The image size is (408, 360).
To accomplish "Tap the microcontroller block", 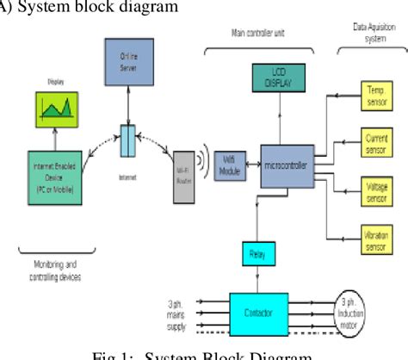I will (x=285, y=163).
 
